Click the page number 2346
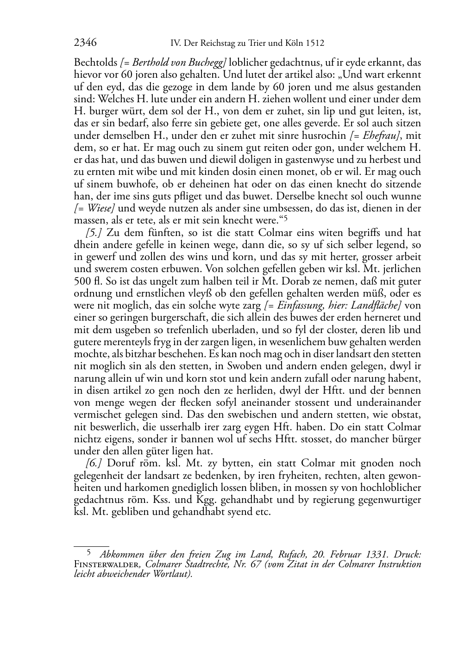click(85, 43)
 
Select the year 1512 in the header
click(314, 43)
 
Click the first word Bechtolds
click(95, 62)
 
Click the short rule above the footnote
click(91, 546)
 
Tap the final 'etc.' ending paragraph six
click(262, 512)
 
